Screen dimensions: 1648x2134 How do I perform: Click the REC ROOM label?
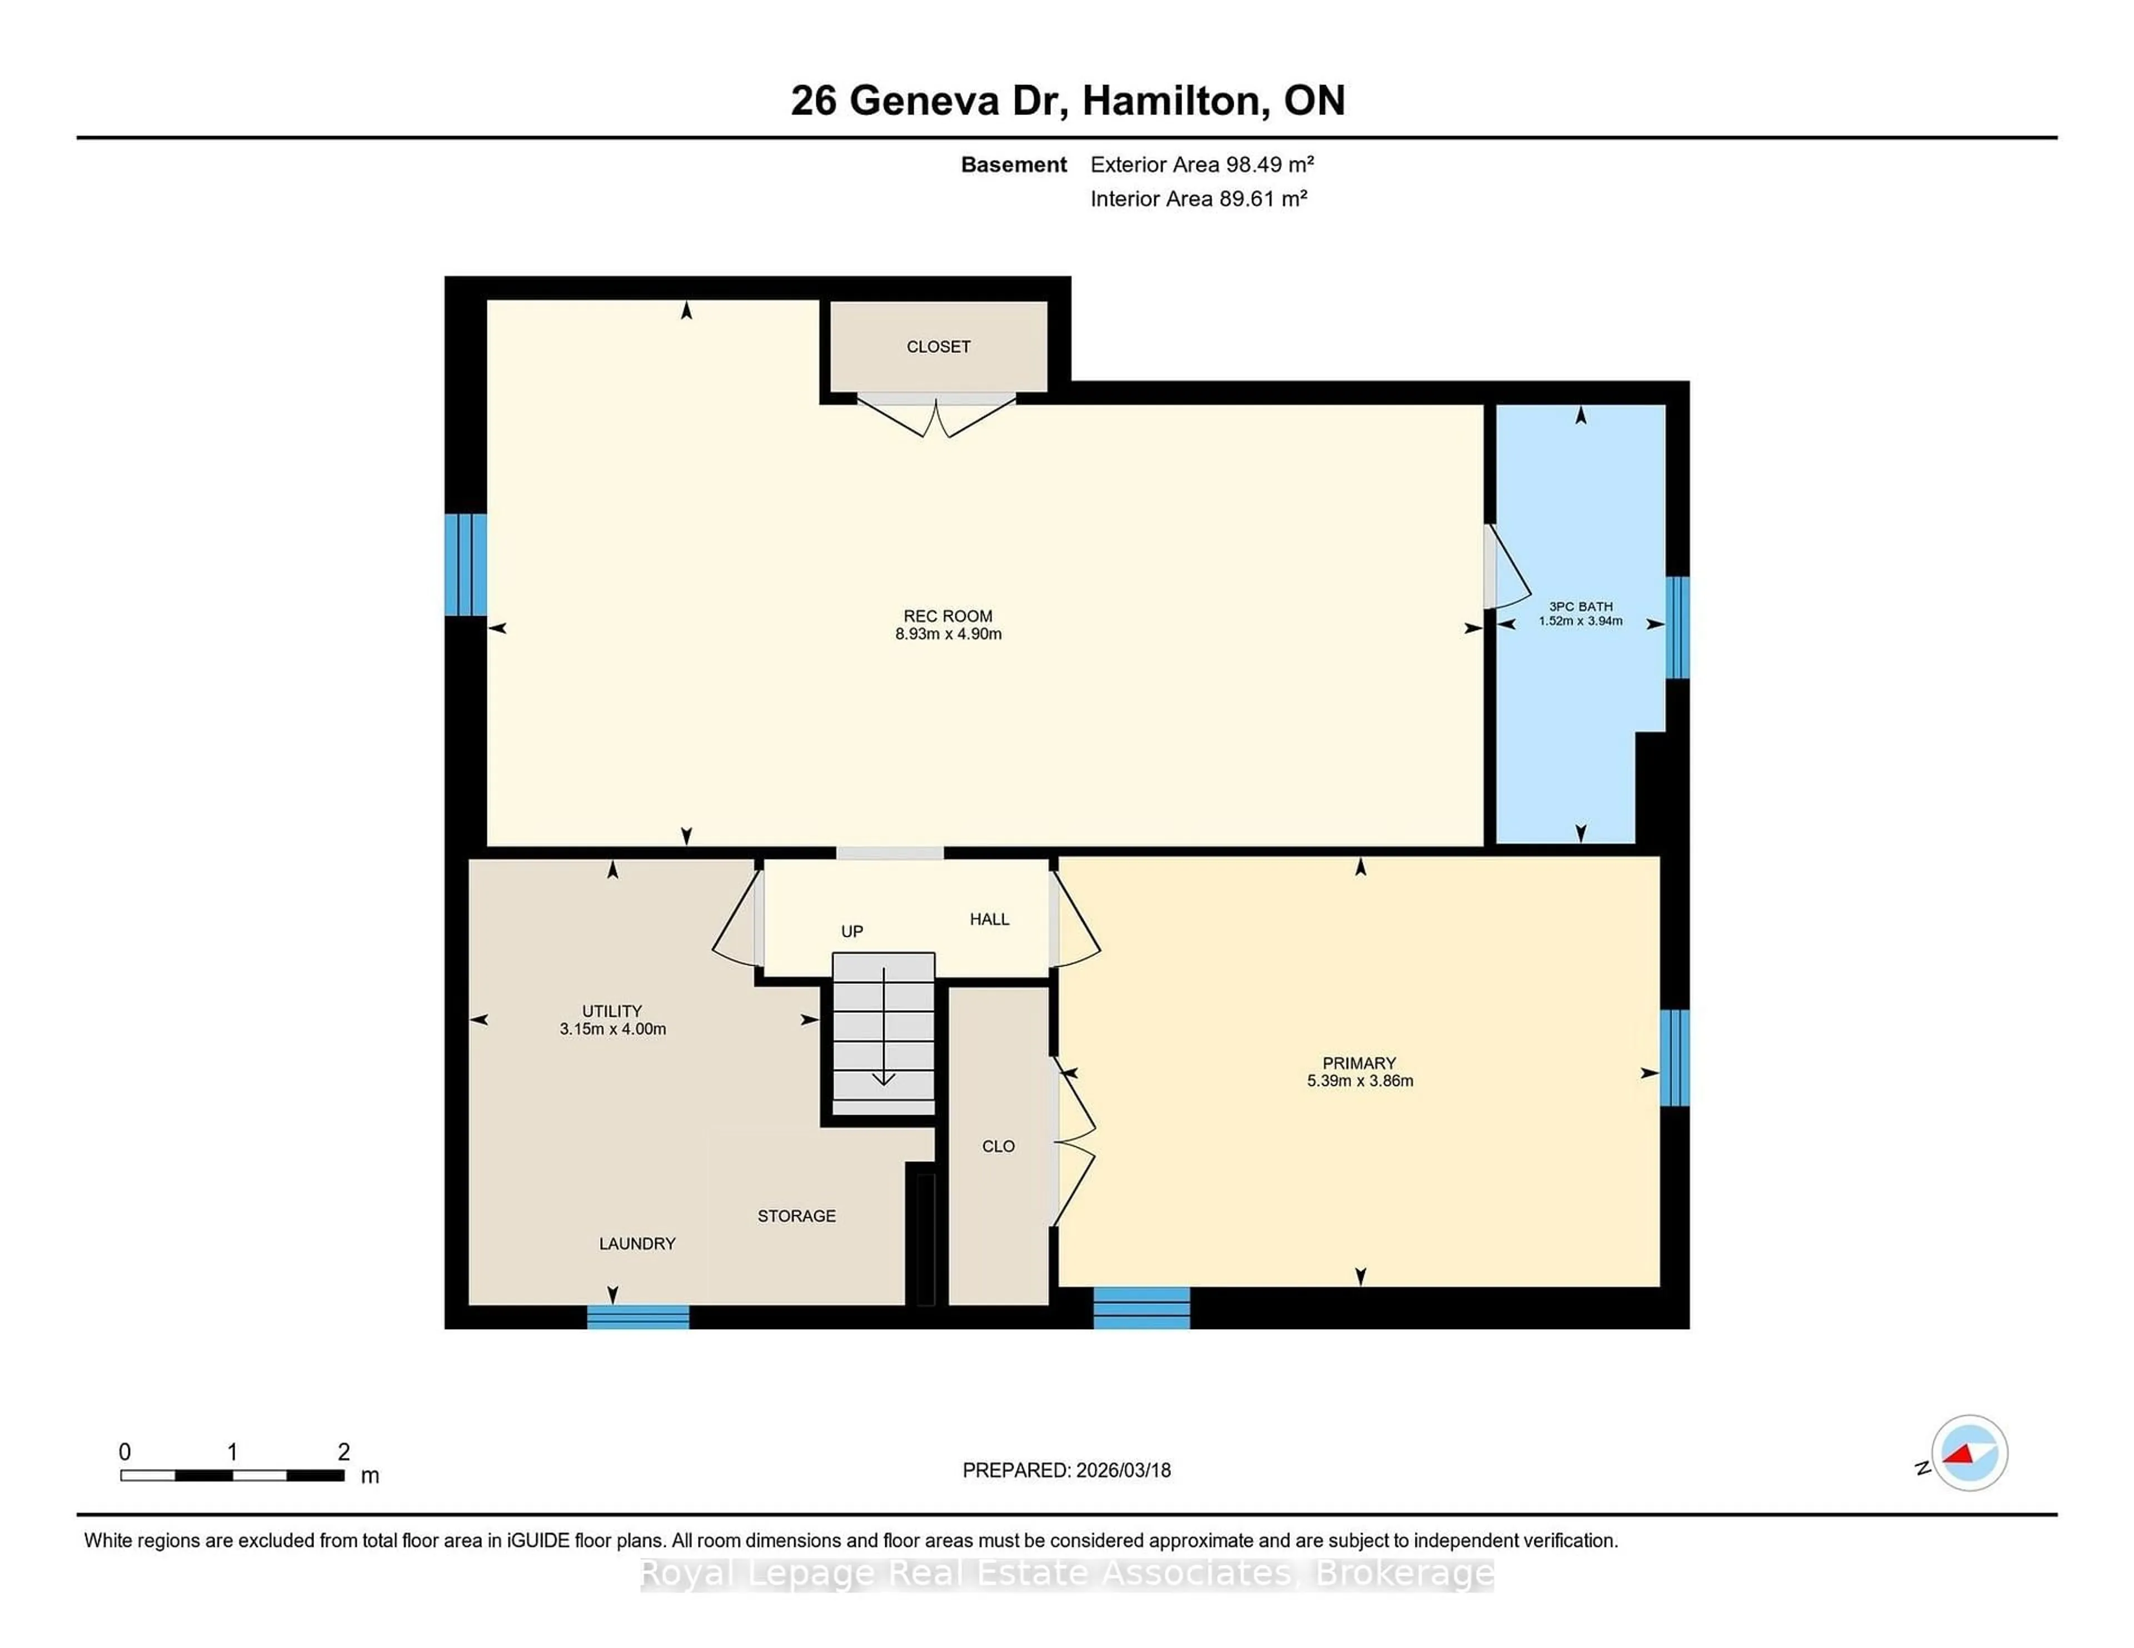(947, 616)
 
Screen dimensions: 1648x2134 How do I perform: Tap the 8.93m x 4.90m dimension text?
(948, 634)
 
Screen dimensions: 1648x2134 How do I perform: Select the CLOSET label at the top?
(938, 347)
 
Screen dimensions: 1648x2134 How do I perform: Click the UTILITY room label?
(612, 1011)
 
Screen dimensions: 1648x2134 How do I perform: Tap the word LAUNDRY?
(637, 1244)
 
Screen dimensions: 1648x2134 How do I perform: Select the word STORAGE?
(796, 1216)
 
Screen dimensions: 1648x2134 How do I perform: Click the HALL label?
(989, 919)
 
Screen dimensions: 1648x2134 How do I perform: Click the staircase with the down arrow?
(883, 1036)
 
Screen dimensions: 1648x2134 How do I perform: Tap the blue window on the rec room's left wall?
(465, 565)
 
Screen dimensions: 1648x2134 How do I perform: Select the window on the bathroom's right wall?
(1677, 627)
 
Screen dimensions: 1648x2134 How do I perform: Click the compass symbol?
(1969, 1452)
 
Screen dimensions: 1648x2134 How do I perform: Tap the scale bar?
(232, 1475)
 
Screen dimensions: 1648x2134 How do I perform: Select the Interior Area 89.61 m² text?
(1198, 199)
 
